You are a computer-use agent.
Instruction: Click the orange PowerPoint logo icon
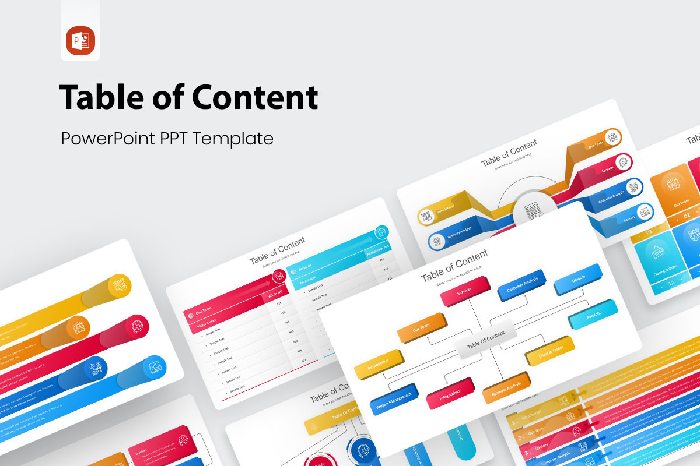80,41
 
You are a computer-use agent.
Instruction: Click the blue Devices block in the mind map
577,280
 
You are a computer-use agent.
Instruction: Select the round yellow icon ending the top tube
120,285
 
